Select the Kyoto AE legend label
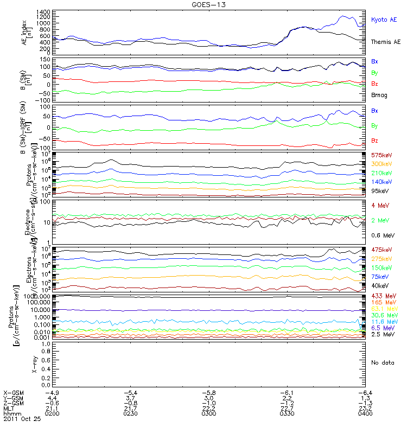click(x=384, y=20)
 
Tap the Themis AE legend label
click(x=385, y=42)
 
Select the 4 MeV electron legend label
click(x=379, y=205)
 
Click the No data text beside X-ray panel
click(x=382, y=362)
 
